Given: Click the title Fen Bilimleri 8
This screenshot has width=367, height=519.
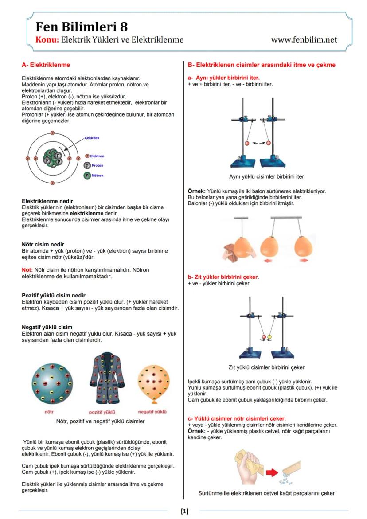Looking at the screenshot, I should click(x=82, y=27).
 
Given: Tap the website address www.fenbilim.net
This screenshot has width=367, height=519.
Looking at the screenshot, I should click(x=304, y=40).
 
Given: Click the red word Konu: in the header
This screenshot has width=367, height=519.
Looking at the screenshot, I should click(x=47, y=40).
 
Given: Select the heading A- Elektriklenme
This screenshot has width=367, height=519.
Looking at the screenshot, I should click(x=46, y=65).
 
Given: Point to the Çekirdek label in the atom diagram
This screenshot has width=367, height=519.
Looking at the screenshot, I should click(x=92, y=138).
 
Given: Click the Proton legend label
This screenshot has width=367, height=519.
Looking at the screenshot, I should click(x=97, y=165).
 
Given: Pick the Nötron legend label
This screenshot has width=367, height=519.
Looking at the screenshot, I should click(x=98, y=176).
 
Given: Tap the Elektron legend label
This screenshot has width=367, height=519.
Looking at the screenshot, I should click(x=97, y=156).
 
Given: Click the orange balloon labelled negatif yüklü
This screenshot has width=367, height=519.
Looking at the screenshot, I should click(x=153, y=382).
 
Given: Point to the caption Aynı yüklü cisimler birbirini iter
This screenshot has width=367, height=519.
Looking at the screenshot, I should click(x=266, y=176).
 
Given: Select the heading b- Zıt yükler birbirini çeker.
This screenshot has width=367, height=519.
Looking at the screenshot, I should click(x=223, y=277).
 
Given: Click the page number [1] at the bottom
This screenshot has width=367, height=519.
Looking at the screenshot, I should click(x=184, y=511).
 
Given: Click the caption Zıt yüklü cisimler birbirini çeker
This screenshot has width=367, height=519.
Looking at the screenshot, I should click(x=266, y=367).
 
